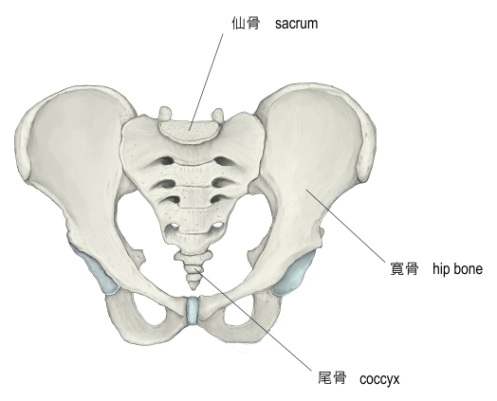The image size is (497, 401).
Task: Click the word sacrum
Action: pos(296,24)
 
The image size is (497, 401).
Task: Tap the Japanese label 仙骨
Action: pos(246,24)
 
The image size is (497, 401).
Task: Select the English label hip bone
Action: pos(457,269)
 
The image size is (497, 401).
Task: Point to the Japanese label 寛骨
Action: pos(404,269)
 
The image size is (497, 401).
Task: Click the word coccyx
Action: pos(379,379)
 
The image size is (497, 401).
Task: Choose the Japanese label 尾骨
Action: pos(332,378)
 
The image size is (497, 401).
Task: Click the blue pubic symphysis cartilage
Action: pos(192,310)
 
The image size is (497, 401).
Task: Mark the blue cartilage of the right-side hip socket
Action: pos(294,273)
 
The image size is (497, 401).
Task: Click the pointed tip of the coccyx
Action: pos(193,288)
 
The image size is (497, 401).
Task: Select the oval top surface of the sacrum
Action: pos(190,130)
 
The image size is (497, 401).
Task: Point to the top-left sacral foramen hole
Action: pos(165,161)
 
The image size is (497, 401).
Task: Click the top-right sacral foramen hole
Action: pos(223,161)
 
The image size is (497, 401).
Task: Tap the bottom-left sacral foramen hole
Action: pos(173,227)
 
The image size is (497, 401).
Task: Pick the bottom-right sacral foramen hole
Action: pos(216,226)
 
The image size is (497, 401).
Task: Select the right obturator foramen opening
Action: pos(240,314)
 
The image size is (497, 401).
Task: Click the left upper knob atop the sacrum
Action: pos(165,113)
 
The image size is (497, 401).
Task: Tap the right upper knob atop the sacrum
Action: pos(218,115)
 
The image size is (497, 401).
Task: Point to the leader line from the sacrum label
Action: pos(206,82)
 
